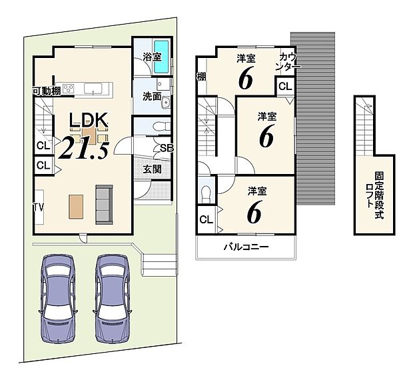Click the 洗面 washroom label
coord(151,96)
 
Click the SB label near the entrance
coord(167,148)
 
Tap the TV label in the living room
coord(40,207)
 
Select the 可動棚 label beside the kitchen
coord(47,91)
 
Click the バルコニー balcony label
coord(246,247)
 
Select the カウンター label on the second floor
coord(288,62)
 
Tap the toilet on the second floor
coord(206,194)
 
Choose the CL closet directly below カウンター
coord(284,87)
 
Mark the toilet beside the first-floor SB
coord(155,127)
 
